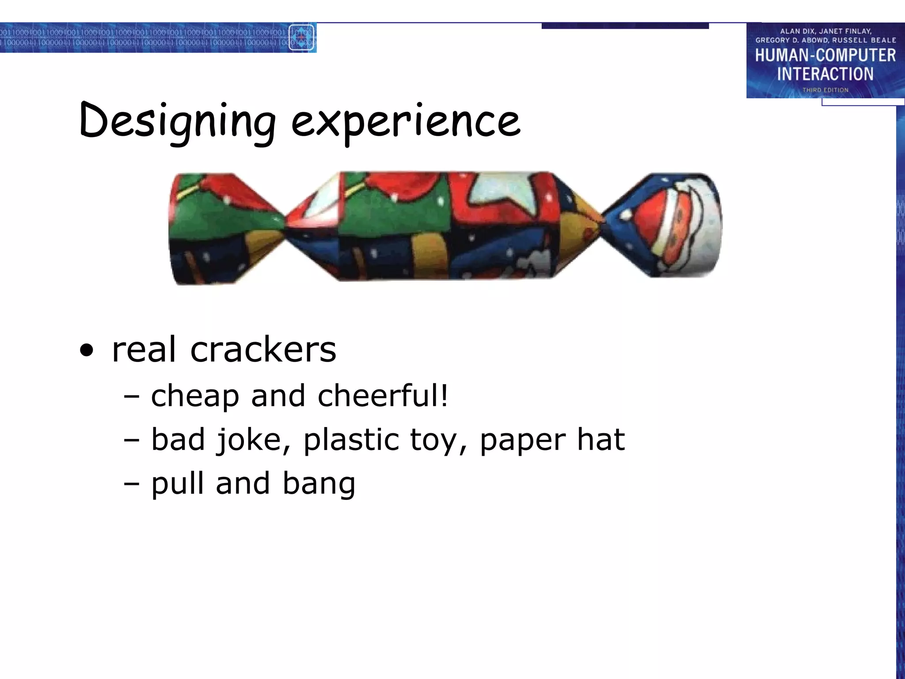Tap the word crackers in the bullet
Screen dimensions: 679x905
click(263, 350)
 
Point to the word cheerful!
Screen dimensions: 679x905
click(383, 395)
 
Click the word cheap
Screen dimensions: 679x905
click(195, 396)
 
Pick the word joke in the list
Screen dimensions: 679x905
click(254, 440)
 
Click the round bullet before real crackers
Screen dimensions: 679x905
click(87, 351)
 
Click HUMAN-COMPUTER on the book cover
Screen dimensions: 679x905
click(825, 56)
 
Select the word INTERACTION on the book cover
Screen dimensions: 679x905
click(825, 74)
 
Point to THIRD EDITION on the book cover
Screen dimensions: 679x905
click(825, 90)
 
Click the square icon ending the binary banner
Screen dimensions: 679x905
click(301, 38)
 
